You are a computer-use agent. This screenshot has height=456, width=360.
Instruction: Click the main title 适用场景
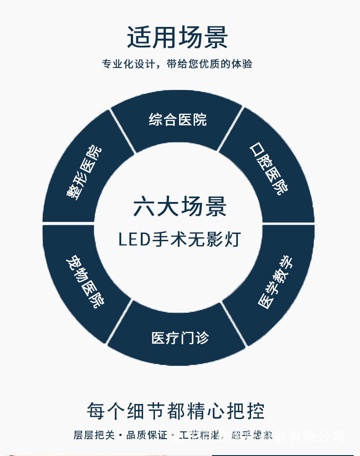point(178,37)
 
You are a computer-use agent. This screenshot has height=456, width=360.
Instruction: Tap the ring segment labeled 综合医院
point(178,119)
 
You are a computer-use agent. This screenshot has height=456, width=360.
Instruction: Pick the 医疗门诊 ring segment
point(180,338)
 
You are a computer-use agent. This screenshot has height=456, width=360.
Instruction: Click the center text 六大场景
point(180,207)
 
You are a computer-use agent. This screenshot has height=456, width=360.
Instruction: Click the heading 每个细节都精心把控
point(176,411)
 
